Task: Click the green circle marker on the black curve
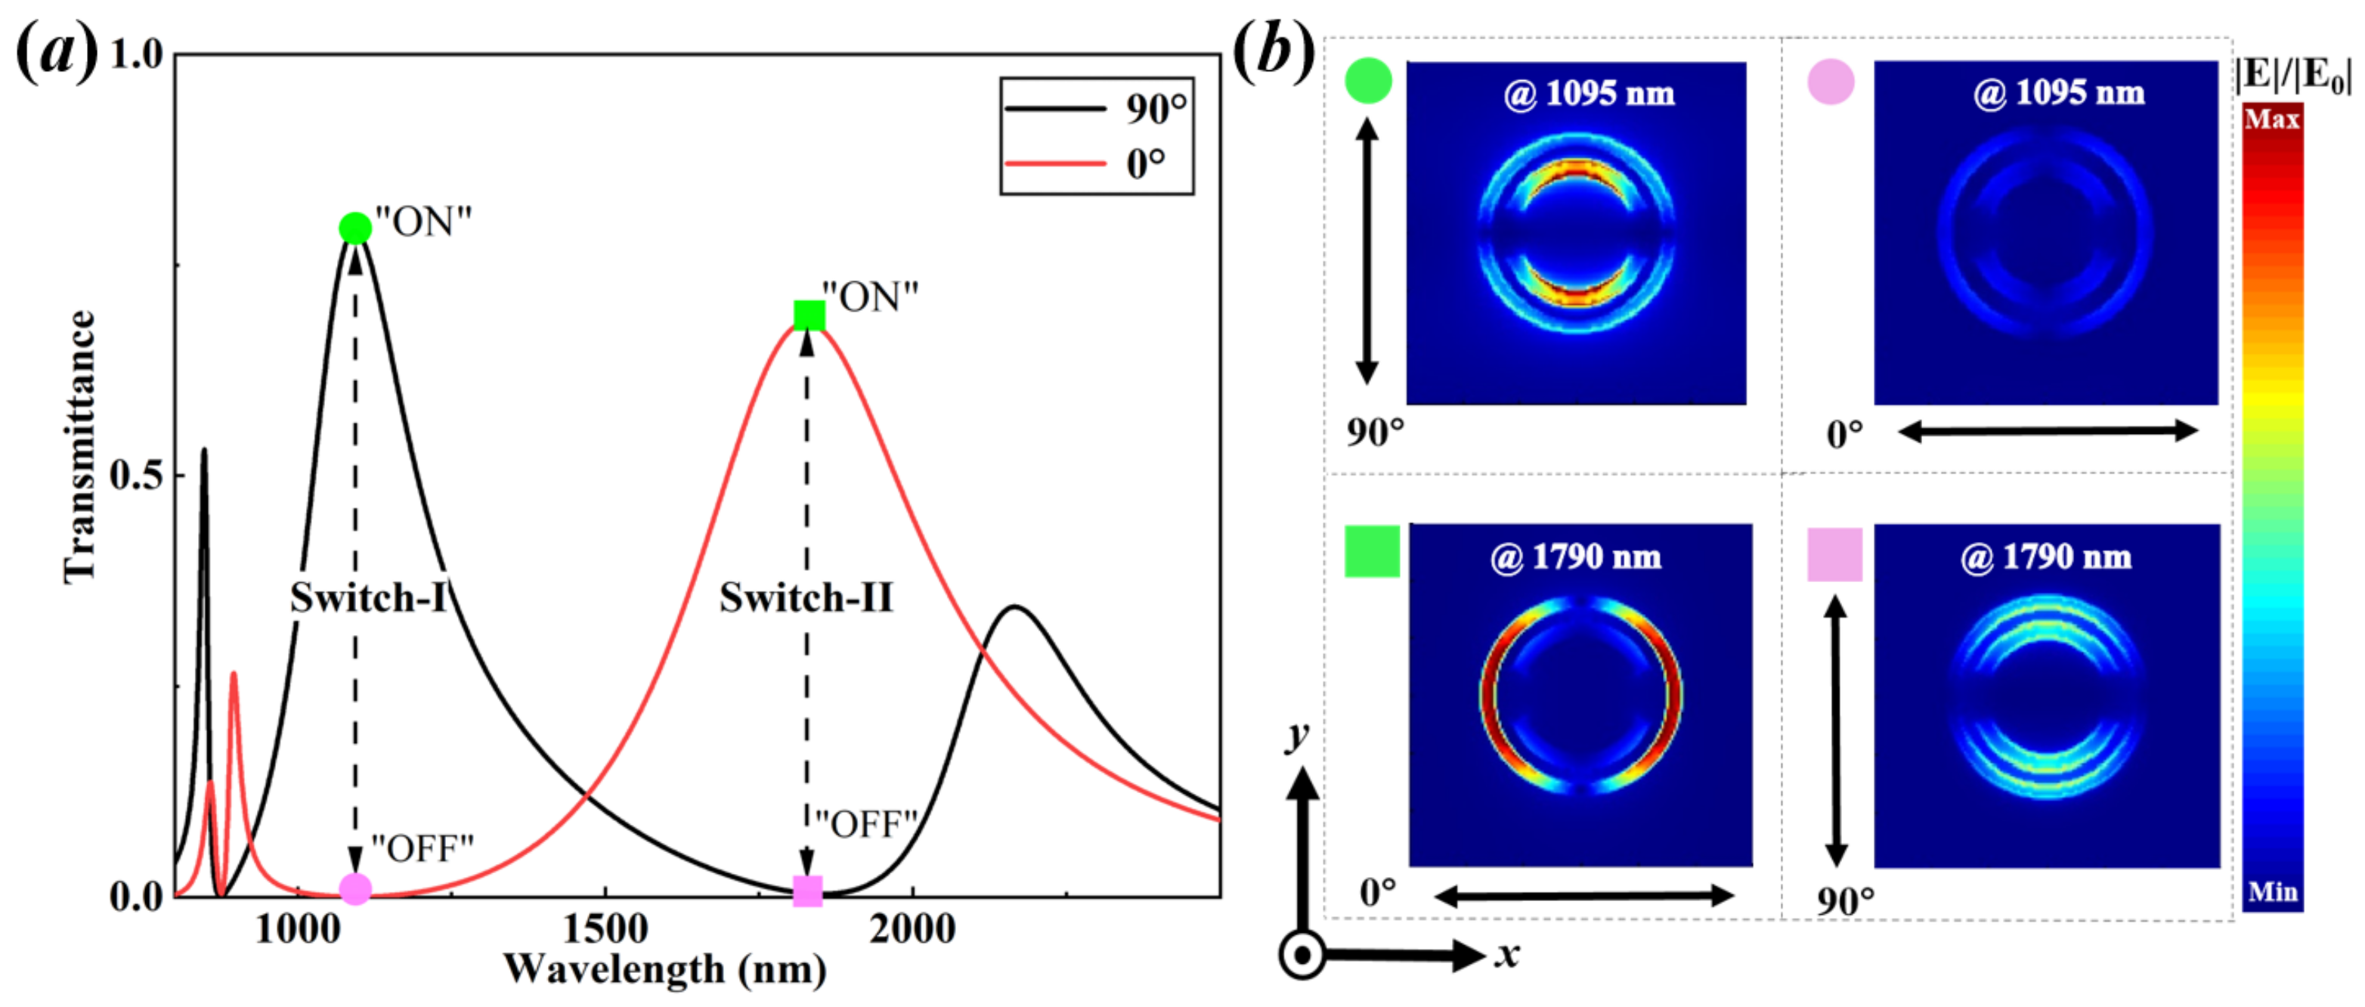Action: click(355, 228)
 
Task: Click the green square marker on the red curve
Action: click(809, 314)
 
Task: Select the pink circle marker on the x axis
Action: click(355, 888)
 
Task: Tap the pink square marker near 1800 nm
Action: click(807, 890)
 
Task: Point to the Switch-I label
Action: click(368, 597)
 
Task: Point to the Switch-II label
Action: click(805, 597)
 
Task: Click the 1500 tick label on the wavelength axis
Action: click(605, 929)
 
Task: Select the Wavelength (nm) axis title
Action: click(664, 969)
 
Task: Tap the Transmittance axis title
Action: click(80, 446)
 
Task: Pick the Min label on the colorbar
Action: click(2272, 891)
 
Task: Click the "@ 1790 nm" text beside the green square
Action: click(1575, 556)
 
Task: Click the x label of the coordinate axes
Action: click(1506, 955)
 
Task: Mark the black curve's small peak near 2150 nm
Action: click(1014, 607)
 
